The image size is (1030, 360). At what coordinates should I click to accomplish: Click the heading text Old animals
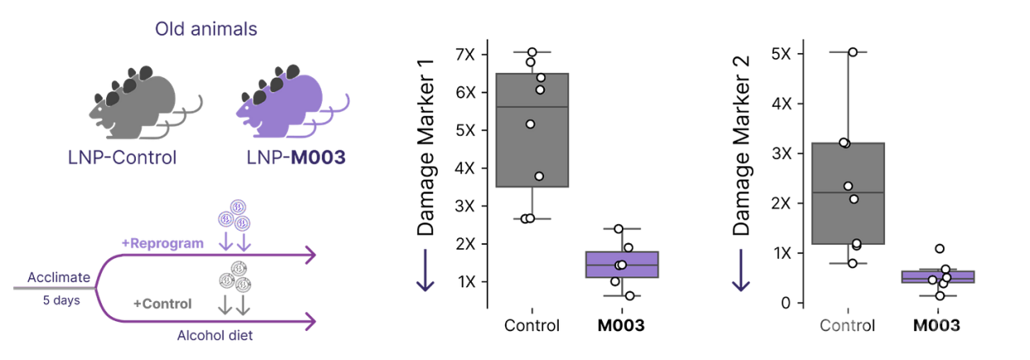coord(206,30)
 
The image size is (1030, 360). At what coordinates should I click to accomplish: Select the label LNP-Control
coord(123,157)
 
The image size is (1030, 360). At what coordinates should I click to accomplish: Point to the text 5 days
coord(61,300)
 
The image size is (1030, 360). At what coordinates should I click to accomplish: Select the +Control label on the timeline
coord(163,305)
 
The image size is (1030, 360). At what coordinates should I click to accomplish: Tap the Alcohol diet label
coord(214,335)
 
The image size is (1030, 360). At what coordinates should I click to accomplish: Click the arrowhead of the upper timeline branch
coord(311,256)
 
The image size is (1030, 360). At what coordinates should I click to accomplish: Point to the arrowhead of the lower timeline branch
coord(311,319)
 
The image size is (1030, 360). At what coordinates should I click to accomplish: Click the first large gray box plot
coord(532,130)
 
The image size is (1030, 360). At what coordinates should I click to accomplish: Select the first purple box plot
coord(621,264)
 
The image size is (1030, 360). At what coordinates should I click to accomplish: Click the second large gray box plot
coord(848,193)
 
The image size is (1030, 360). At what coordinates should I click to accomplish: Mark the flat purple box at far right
coord(938,276)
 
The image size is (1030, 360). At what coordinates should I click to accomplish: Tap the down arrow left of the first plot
coord(425,273)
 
